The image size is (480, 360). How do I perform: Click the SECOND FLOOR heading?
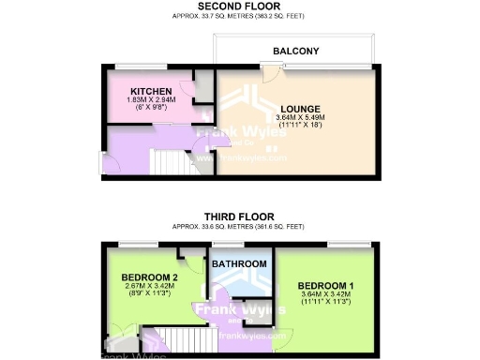tap(239, 7)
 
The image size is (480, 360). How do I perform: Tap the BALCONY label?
tap(296, 51)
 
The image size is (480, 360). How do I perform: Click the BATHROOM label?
tap(239, 265)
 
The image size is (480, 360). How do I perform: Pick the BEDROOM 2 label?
tap(150, 277)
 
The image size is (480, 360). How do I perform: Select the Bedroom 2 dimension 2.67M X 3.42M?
tap(150, 286)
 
